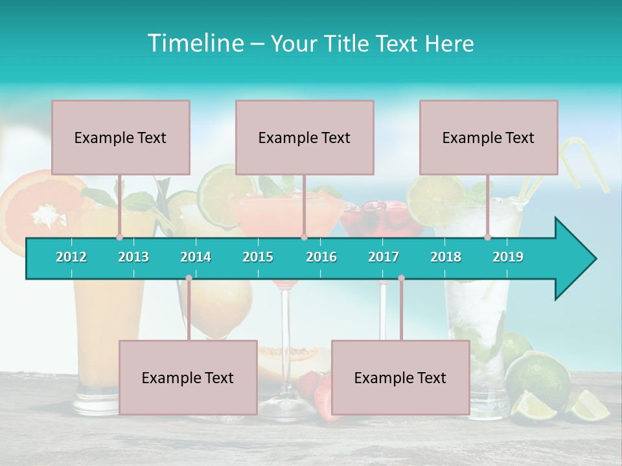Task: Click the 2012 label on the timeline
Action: pos(71,257)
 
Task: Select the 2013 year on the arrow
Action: pos(133,257)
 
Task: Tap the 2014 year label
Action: pos(196,257)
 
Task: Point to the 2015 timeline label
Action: pos(258,257)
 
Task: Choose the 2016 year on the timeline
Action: pos(321,257)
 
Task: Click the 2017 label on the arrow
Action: pos(384,257)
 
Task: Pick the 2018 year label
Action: pos(446,257)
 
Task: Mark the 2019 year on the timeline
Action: pos(508,257)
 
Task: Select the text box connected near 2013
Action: pos(121,137)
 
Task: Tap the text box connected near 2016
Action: pos(305,137)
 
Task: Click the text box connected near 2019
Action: pos(489,137)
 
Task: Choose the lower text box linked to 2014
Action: pos(188,377)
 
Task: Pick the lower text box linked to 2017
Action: pos(400,377)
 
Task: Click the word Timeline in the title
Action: pos(194,43)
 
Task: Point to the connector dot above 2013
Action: pos(119,237)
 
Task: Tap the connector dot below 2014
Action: pos(189,278)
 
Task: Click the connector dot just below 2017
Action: pos(401,278)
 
